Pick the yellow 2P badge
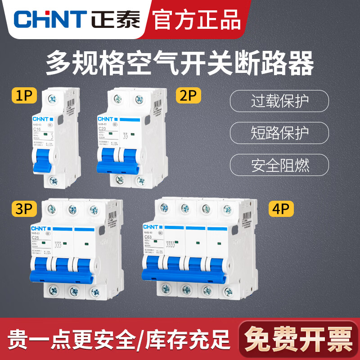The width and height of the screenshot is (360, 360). coord(189,96)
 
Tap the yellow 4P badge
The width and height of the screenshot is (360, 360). coord(281,209)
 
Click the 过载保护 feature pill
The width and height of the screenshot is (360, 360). coord(279,101)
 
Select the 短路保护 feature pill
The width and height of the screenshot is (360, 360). coord(279,133)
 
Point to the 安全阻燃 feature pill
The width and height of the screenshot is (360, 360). coord(279,165)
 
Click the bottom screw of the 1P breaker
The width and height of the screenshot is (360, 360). coord(53,181)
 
